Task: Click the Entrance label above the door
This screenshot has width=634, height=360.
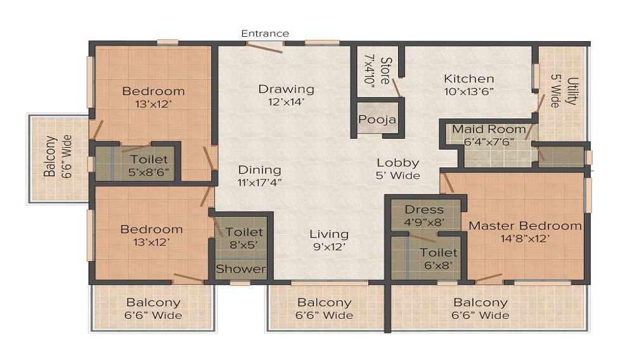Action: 265,33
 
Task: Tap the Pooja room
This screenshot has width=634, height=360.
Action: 377,119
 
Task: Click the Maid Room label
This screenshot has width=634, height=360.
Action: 489,129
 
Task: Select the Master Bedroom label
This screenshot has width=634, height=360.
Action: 524,226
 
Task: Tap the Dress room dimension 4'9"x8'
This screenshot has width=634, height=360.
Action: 424,222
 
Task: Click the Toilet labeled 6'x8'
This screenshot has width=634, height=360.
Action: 438,253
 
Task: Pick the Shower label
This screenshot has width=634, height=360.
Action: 241,269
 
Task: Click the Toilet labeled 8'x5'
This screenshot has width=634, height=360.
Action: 244,233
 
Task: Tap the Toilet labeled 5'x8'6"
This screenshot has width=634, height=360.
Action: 150,160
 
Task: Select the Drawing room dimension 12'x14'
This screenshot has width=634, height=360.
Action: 286,101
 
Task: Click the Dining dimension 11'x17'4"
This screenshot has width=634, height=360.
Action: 259,183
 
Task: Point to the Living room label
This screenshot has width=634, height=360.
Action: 329,234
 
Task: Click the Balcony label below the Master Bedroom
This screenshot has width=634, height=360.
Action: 481,303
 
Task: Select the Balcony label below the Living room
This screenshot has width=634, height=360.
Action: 325,303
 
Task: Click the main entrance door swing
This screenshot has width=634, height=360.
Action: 264,48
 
